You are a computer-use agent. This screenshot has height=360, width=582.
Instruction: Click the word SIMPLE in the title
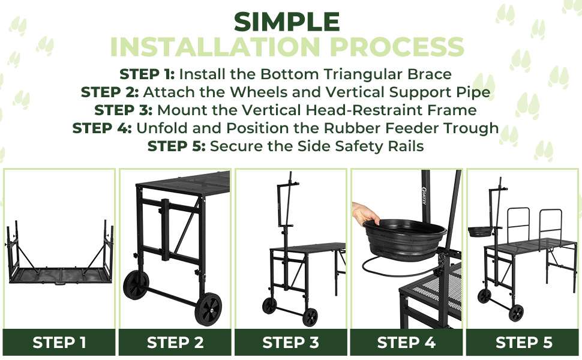pyautogui.click(x=287, y=22)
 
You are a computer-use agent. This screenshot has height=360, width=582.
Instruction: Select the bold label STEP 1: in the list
pyautogui.click(x=147, y=74)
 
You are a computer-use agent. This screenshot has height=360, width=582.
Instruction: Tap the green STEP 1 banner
pyautogui.click(x=59, y=342)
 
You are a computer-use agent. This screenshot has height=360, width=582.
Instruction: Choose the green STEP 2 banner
pyautogui.click(x=175, y=342)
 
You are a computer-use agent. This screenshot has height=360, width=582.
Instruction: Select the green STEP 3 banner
pyautogui.click(x=290, y=342)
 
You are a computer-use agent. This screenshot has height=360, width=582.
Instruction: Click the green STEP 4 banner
pyautogui.click(x=406, y=342)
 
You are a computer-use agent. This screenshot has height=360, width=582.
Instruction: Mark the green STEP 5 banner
pyautogui.click(x=524, y=342)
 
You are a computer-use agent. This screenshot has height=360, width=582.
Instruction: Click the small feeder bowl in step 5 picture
pyautogui.click(x=480, y=232)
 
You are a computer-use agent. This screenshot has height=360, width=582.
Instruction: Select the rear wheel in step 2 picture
pyautogui.click(x=136, y=284)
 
